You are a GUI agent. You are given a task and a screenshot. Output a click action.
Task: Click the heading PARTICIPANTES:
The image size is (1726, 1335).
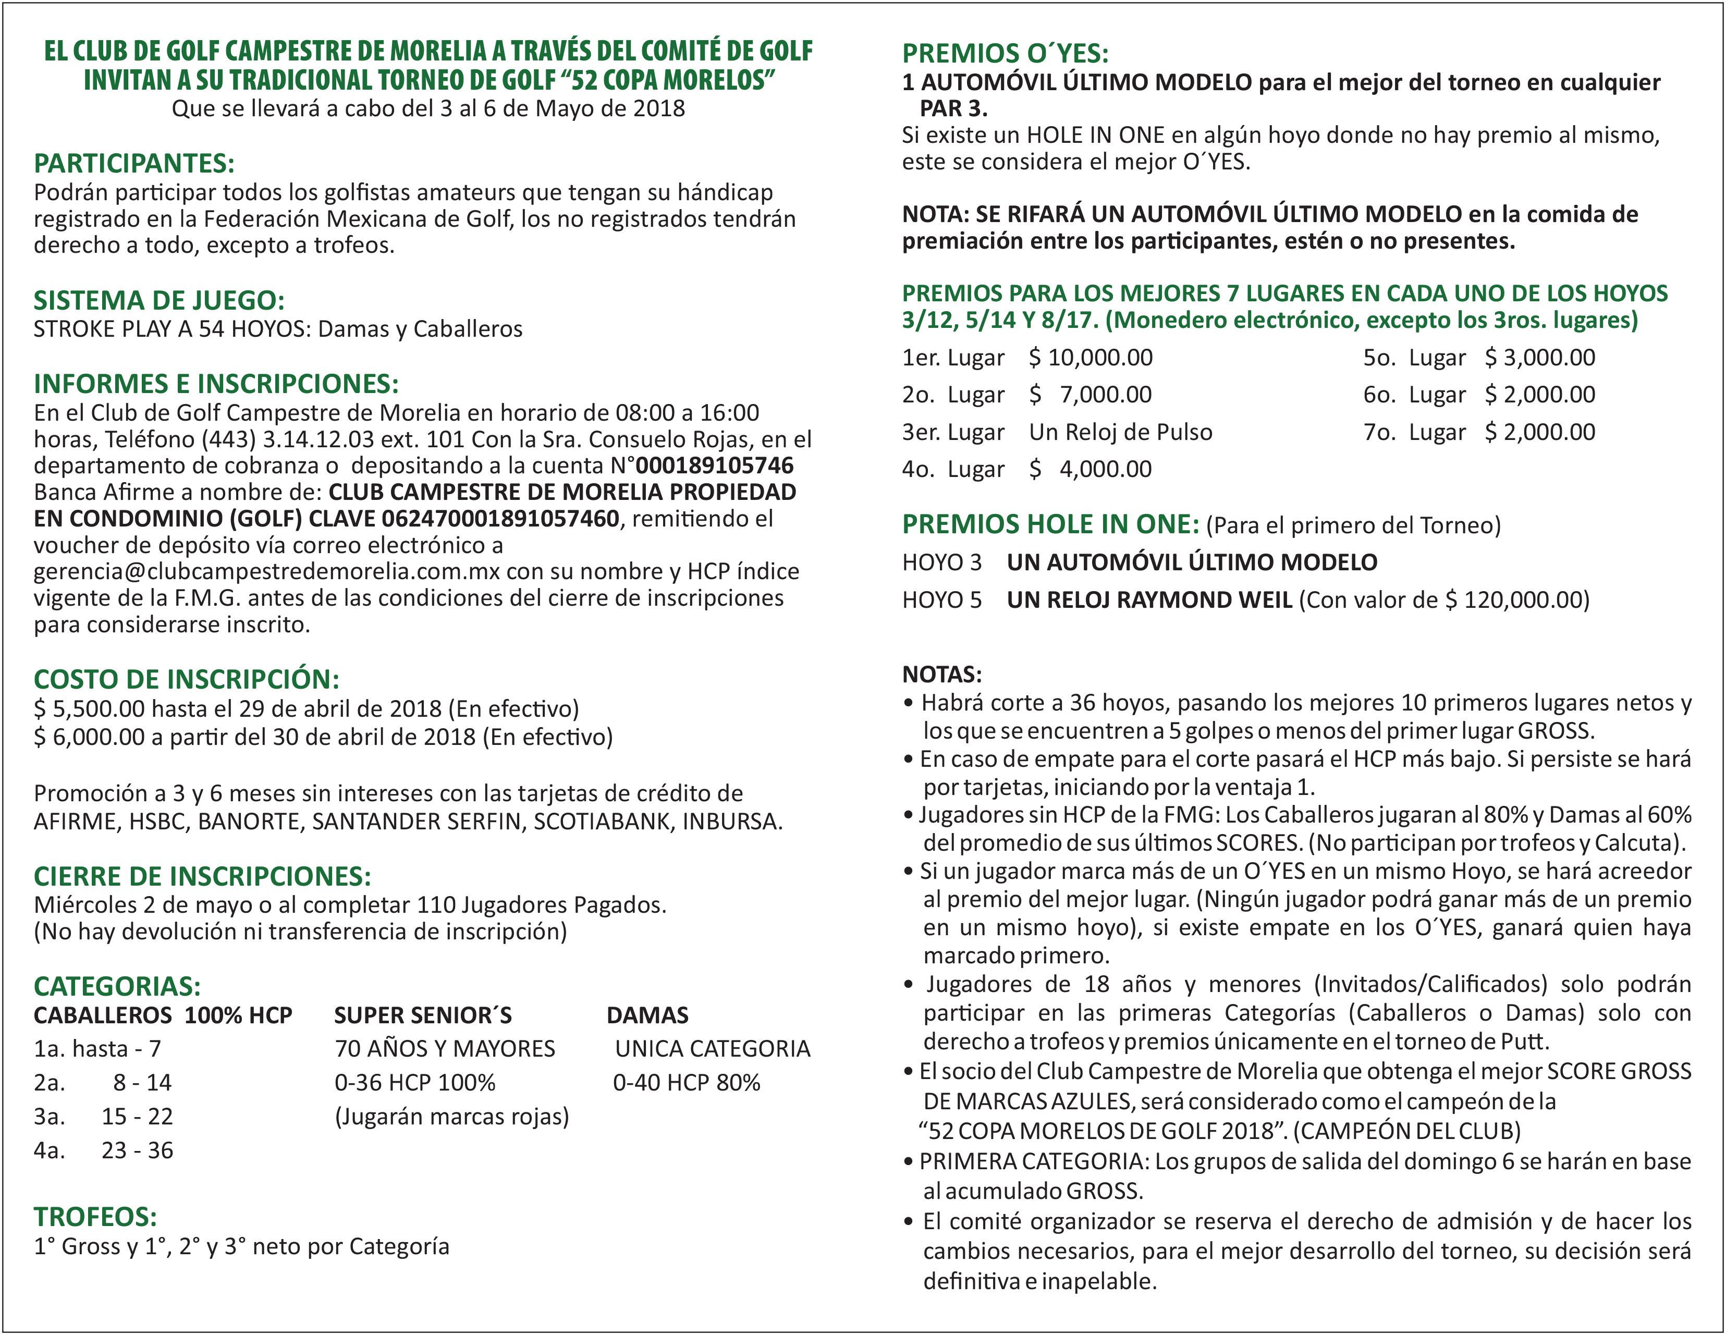click(x=134, y=164)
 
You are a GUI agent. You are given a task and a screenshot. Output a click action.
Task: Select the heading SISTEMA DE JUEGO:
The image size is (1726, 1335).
click(x=159, y=300)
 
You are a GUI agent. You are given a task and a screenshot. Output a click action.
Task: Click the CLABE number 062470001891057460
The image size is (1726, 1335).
click(x=500, y=519)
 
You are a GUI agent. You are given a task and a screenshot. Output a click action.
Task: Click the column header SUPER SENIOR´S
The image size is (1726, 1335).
click(x=423, y=1015)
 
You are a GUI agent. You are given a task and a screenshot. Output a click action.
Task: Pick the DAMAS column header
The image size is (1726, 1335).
click(x=647, y=1015)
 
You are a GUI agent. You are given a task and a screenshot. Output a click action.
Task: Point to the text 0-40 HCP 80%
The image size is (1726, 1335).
click(x=686, y=1082)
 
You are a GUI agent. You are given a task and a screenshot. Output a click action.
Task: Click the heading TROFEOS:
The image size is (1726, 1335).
click(x=95, y=1217)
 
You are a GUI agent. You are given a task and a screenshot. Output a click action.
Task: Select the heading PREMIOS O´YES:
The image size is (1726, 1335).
click(x=1005, y=54)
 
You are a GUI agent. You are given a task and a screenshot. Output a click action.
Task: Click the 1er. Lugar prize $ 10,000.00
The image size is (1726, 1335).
click(x=1091, y=357)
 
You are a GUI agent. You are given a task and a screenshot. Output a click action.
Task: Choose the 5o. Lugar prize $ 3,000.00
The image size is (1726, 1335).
click(x=1539, y=357)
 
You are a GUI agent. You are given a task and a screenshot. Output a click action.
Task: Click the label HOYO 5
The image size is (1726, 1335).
click(x=941, y=600)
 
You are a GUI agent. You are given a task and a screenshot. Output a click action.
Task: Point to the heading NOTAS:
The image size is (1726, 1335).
click(x=942, y=674)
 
